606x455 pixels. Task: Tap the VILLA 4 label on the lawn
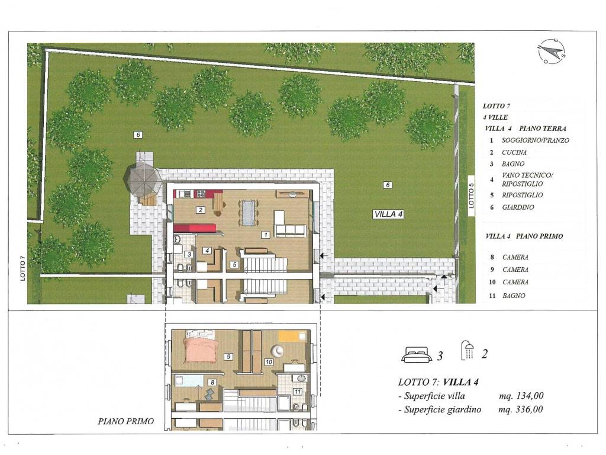pyautogui.click(x=389, y=214)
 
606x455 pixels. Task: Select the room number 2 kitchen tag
pyautogui.click(x=201, y=210)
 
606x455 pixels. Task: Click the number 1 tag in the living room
pyautogui.click(x=265, y=235)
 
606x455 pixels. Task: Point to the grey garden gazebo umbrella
pyautogui.click(x=143, y=181)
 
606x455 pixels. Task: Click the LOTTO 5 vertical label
pyautogui.click(x=470, y=192)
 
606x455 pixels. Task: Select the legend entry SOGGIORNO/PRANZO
pyautogui.click(x=535, y=140)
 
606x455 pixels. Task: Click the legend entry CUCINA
pyautogui.click(x=514, y=152)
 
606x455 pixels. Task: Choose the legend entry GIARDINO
pyautogui.click(x=518, y=207)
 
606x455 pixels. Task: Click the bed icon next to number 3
pyautogui.click(x=417, y=354)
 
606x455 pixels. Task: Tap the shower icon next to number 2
pyautogui.click(x=468, y=351)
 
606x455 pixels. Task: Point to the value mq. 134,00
pyautogui.click(x=521, y=396)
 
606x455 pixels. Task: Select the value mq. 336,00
pyautogui.click(x=521, y=409)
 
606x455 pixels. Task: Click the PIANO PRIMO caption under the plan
pyautogui.click(x=126, y=421)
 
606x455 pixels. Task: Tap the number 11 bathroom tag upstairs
pyautogui.click(x=297, y=392)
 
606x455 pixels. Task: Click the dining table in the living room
pyautogui.click(x=247, y=212)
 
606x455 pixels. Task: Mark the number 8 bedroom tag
pyautogui.click(x=212, y=383)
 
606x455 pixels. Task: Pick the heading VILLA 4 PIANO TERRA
pyautogui.click(x=526, y=129)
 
